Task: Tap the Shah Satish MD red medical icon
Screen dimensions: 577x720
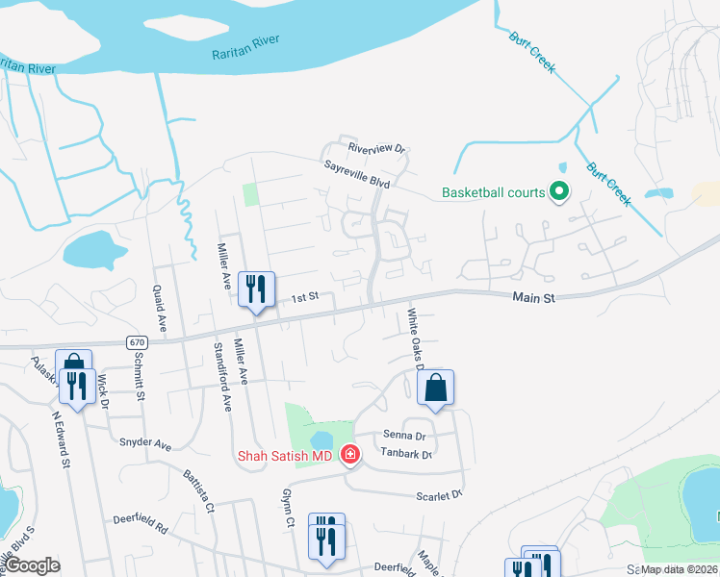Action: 350,454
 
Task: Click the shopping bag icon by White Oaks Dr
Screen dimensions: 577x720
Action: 436,389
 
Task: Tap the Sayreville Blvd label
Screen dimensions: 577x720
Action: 356,173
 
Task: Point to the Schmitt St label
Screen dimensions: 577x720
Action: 141,376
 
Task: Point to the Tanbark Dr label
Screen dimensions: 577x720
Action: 405,455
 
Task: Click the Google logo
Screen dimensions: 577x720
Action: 32,565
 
